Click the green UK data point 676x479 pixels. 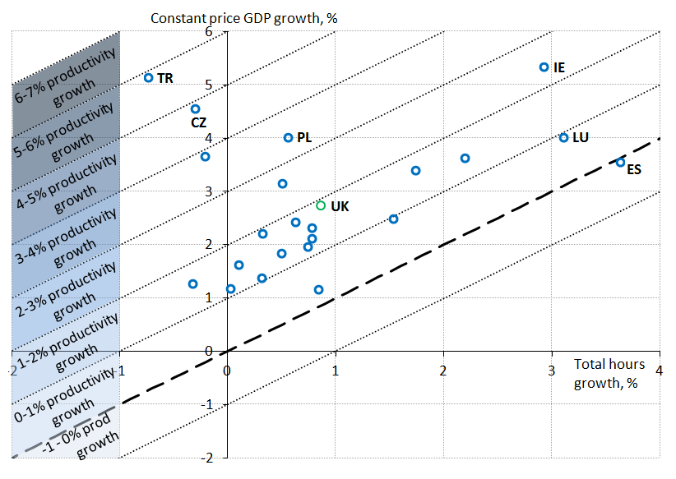pyautogui.click(x=321, y=205)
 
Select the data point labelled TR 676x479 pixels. pyautogui.click(x=149, y=78)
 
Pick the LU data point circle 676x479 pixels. pyautogui.click(x=563, y=138)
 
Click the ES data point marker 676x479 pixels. pyautogui.click(x=621, y=163)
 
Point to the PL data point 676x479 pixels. pyautogui.click(x=288, y=138)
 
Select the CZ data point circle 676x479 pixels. pyautogui.click(x=195, y=108)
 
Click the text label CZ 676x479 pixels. pyautogui.click(x=198, y=123)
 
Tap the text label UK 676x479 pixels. pyautogui.click(x=340, y=206)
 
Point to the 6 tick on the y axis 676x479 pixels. pyautogui.click(x=219, y=32)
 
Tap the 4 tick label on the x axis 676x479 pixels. pyautogui.click(x=660, y=369)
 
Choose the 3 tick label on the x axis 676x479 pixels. pyautogui.click(x=551, y=369)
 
